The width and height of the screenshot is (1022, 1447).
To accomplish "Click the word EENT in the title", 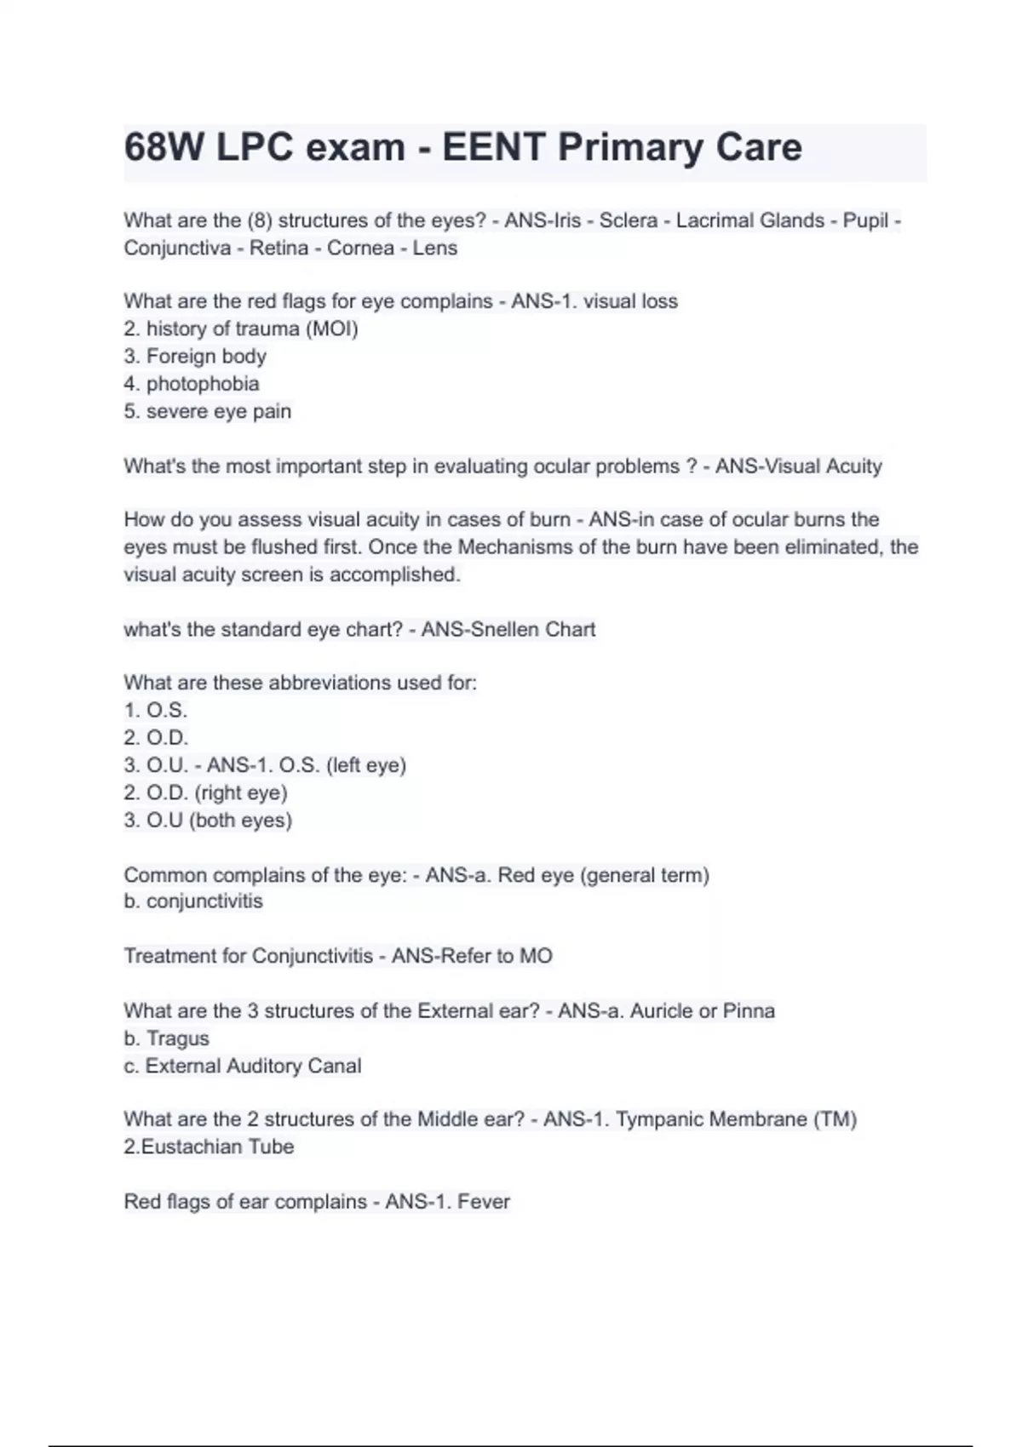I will click(x=493, y=147).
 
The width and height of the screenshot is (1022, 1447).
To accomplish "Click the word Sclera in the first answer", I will click(x=628, y=220).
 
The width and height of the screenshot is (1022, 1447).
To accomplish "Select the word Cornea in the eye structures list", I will click(x=360, y=248).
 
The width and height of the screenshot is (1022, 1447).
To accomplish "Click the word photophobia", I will click(x=203, y=384).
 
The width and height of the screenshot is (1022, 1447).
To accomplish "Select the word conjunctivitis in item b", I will click(x=204, y=901).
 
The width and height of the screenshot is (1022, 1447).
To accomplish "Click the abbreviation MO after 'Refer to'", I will click(x=536, y=956).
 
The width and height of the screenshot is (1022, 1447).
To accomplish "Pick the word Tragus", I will click(x=177, y=1038).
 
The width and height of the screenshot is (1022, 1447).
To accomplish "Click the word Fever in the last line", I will click(x=483, y=1202).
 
